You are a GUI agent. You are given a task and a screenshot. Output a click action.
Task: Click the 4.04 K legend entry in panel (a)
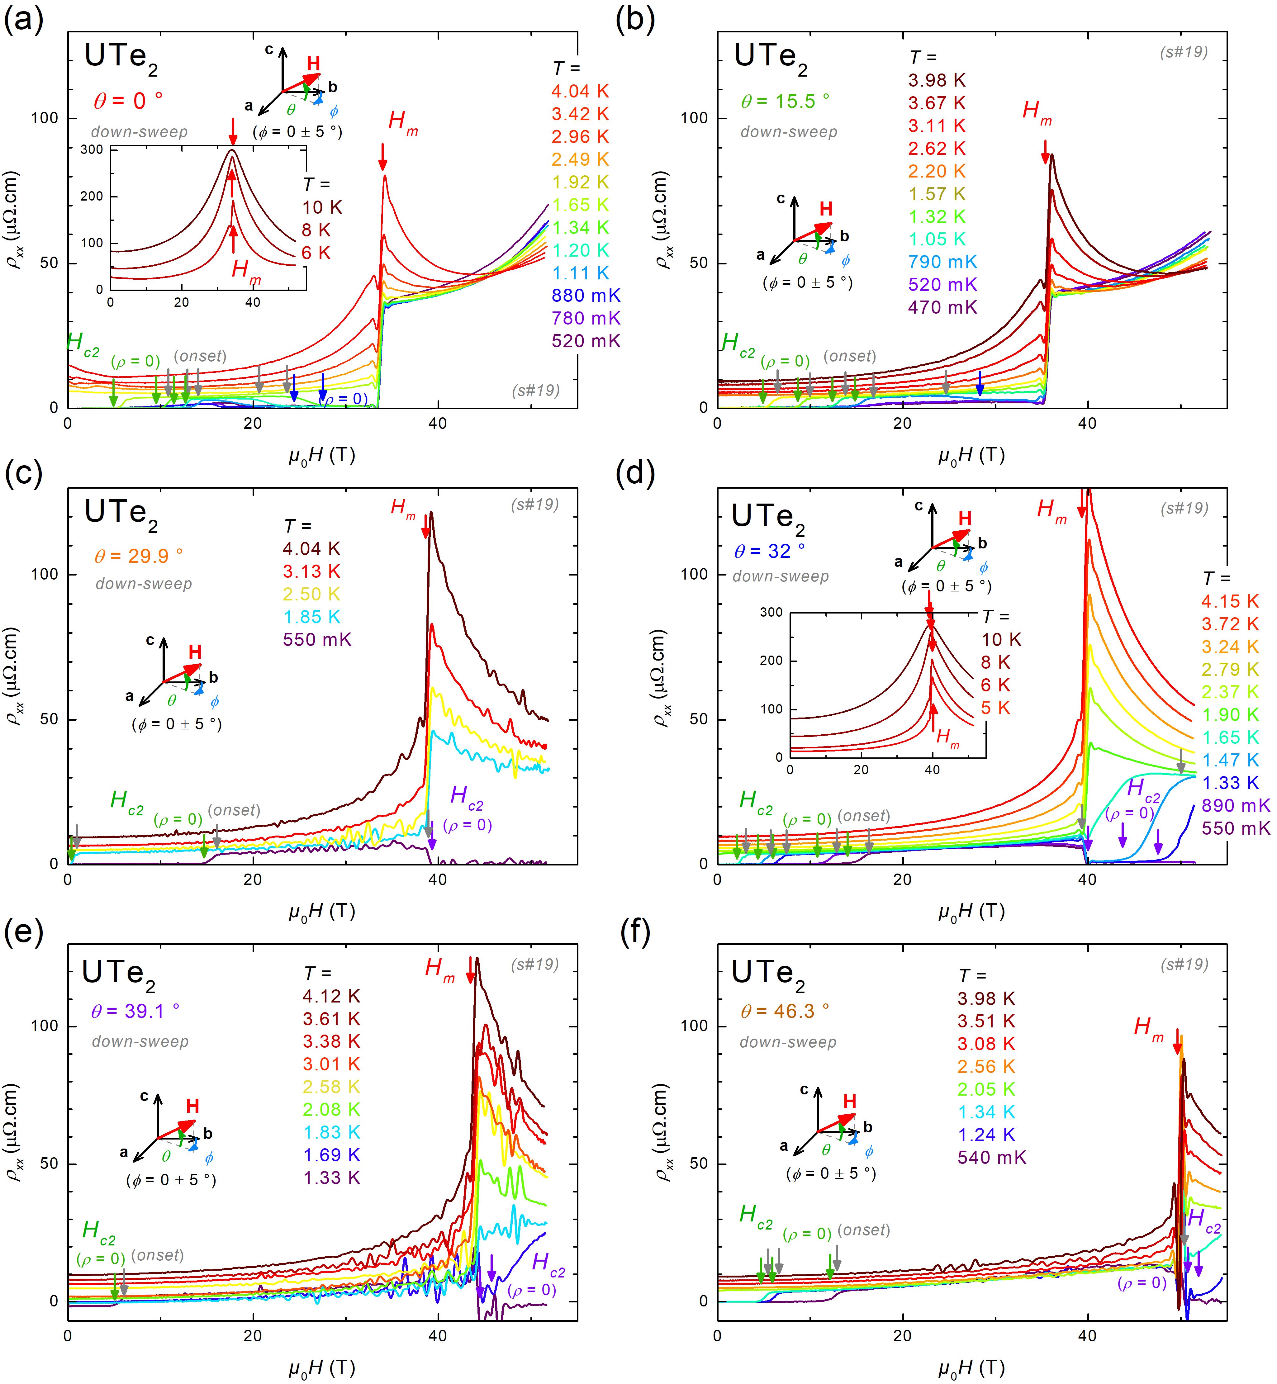coord(580,91)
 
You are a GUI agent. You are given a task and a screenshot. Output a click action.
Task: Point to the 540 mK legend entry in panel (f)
coord(992,1157)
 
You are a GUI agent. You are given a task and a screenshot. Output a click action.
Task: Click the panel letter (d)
coord(634,474)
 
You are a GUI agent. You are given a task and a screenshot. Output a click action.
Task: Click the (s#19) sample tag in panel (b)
coord(1184,53)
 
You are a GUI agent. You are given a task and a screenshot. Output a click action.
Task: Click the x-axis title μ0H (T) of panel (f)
coord(971,1367)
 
